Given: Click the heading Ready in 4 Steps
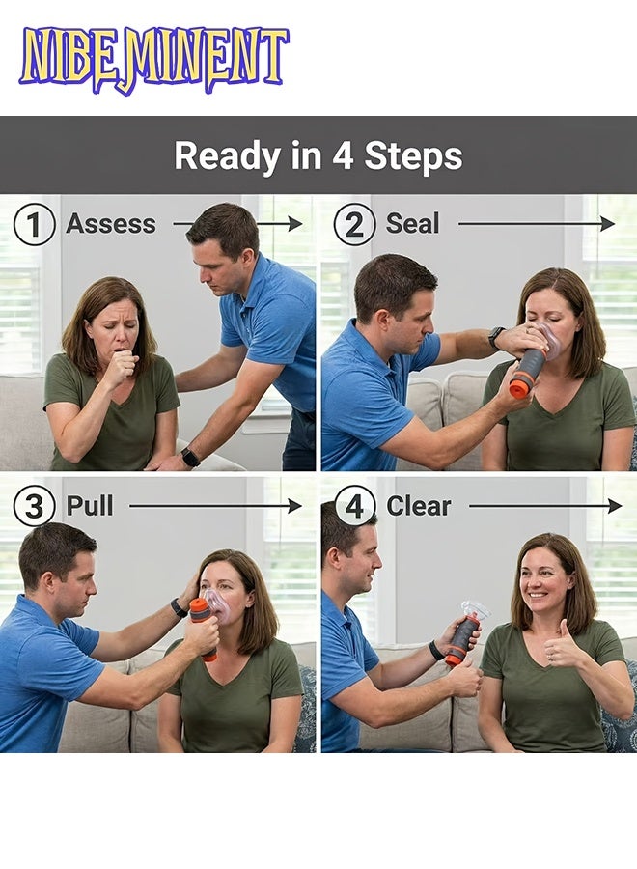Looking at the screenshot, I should pyautogui.click(x=318, y=155).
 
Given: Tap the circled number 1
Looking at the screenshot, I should pyautogui.click(x=34, y=225).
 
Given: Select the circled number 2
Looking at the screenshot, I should pyautogui.click(x=354, y=225).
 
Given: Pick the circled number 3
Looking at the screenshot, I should pyautogui.click(x=34, y=507).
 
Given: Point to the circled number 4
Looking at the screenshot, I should pyautogui.click(x=354, y=507).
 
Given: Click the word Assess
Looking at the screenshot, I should pyautogui.click(x=110, y=224).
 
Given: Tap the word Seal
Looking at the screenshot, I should pyautogui.click(x=412, y=224).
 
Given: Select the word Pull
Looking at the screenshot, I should pyautogui.click(x=89, y=506).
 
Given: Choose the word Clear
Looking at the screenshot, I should pyautogui.click(x=420, y=506).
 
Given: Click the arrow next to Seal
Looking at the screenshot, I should pyautogui.click(x=536, y=224).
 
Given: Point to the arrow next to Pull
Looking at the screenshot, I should pyautogui.click(x=215, y=506).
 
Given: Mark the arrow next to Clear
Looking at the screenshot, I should pyautogui.click(x=545, y=506).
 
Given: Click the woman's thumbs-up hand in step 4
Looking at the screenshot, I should pyautogui.click(x=562, y=656).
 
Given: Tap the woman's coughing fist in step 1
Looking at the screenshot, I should pyautogui.click(x=122, y=368).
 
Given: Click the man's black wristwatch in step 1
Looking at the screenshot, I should pyautogui.click(x=190, y=457).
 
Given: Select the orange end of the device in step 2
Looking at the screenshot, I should pyautogui.click(x=520, y=387).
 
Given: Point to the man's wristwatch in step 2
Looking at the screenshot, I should pyautogui.click(x=496, y=337).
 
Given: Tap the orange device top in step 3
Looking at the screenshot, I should pyautogui.click(x=200, y=609).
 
